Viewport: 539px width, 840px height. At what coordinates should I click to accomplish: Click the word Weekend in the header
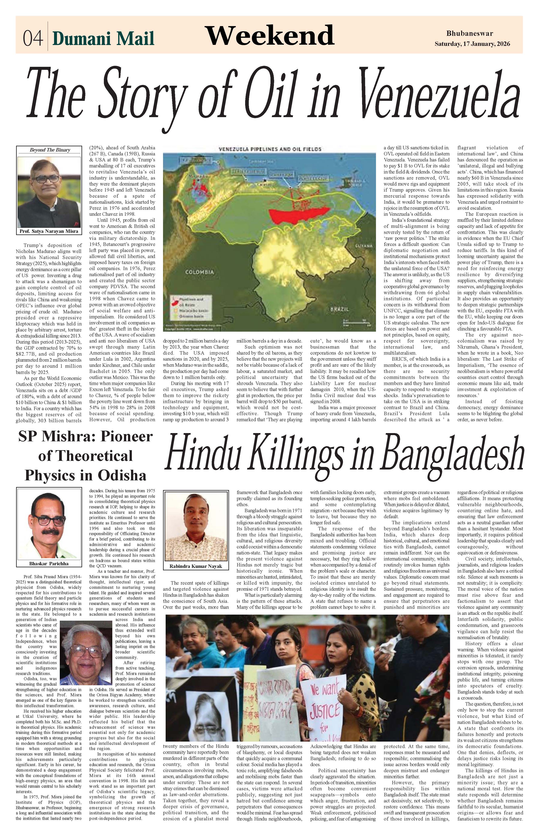(269, 35)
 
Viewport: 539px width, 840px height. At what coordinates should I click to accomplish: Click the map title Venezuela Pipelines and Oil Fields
(270, 149)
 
